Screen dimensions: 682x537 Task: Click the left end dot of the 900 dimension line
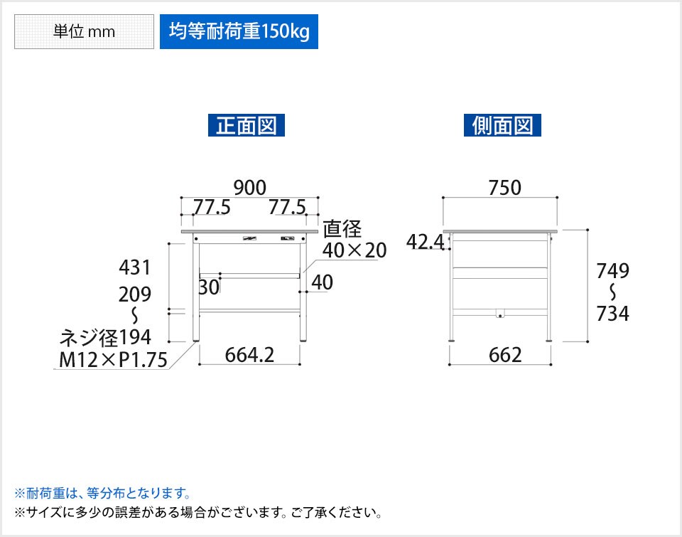pos(181,198)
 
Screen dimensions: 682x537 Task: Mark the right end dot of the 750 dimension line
pos(557,198)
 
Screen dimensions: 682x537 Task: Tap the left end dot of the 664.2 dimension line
pos(200,364)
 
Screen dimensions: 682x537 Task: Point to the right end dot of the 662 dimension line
pos(551,364)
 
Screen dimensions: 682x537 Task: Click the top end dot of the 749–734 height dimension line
pos(588,230)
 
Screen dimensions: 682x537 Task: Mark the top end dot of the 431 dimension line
pos(169,243)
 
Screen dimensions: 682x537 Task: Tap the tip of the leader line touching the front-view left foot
pos(194,342)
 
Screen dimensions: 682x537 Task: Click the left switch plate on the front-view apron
pos(249,238)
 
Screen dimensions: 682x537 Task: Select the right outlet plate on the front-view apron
pos(288,238)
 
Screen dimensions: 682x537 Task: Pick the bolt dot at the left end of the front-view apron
pos(196,239)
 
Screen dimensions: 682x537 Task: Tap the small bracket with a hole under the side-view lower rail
pos(500,314)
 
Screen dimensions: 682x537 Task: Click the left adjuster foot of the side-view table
pos(453,341)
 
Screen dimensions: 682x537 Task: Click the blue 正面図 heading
pos(247,125)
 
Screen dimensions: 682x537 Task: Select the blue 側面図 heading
pos(502,125)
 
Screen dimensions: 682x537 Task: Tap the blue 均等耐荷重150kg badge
pos(239,32)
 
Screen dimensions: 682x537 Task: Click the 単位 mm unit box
pos(84,32)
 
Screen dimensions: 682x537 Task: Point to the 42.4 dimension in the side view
pos(426,242)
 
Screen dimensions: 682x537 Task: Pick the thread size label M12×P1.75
pos(113,360)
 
